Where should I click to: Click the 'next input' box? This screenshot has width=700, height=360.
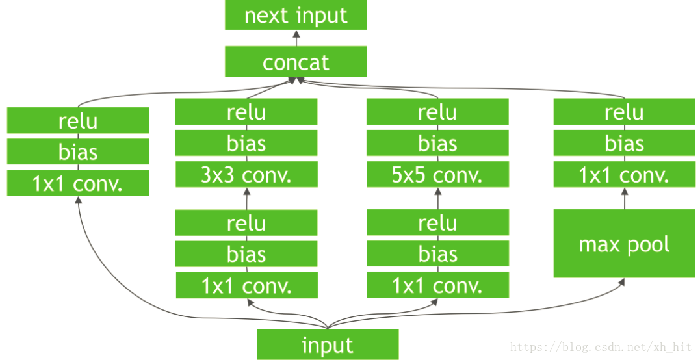pos(296,16)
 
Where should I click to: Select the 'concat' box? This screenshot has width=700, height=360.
pos(296,62)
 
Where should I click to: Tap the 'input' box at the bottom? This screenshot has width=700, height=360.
pos(328,345)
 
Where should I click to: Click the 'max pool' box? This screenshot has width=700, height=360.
pos(624,244)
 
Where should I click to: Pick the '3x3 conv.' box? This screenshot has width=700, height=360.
pos(246,175)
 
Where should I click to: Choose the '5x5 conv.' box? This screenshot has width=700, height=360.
pos(437,175)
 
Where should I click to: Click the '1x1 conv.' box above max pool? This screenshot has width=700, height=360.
pos(624,175)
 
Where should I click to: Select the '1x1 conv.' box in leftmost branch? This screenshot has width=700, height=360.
pos(78,183)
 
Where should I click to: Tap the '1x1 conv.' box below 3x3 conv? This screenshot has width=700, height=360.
pos(246,285)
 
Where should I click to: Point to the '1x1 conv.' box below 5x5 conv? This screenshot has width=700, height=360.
pos(437,285)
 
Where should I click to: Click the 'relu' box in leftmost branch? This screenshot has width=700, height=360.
pos(78,120)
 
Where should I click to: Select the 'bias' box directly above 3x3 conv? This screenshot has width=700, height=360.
pos(246,143)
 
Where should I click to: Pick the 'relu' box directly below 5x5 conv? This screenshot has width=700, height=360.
pos(437,222)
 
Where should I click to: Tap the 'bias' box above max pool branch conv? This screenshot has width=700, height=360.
pos(624,143)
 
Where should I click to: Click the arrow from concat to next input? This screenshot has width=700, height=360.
pos(296,38)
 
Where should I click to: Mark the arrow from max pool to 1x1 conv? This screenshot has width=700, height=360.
pos(624,198)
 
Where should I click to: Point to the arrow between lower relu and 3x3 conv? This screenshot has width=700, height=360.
pos(246,198)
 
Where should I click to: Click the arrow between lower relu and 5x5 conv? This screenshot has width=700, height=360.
pos(437,198)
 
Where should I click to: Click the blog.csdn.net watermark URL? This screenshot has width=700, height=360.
pos(601,348)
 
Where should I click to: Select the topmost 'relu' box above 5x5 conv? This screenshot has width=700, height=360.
pos(437,112)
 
